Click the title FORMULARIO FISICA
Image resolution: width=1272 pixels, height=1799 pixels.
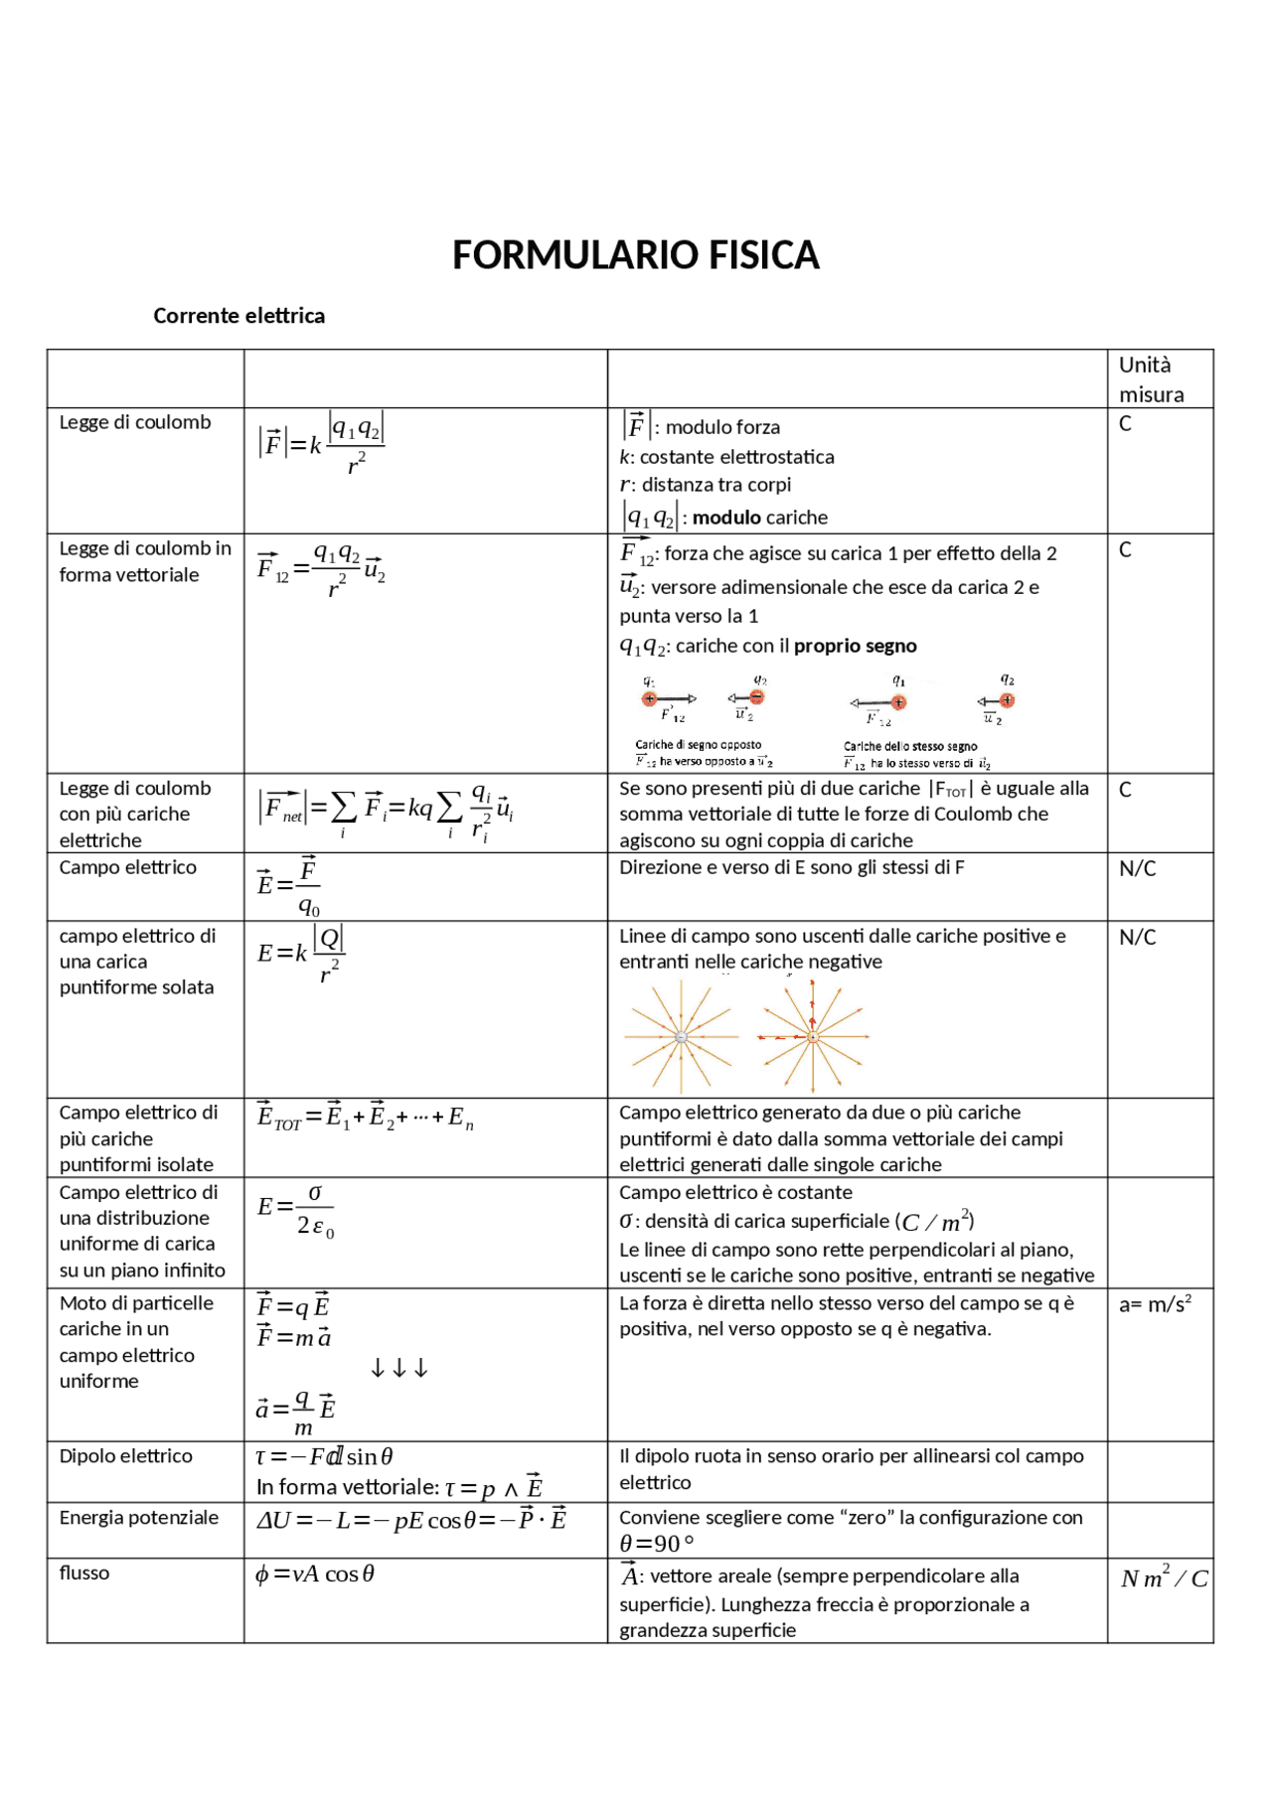635,256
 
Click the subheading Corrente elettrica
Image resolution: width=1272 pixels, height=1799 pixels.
238,316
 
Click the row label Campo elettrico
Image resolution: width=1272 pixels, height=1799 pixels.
127,867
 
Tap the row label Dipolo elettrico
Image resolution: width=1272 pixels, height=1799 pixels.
125,1456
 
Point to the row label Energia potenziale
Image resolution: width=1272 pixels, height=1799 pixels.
138,1518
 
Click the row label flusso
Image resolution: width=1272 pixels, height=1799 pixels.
84,1574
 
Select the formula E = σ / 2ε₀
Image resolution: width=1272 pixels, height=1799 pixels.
296,1210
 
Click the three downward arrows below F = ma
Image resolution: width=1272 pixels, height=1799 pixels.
398,1369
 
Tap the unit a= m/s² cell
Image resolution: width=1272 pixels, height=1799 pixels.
1155,1304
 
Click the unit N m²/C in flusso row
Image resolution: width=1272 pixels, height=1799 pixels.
1164,1578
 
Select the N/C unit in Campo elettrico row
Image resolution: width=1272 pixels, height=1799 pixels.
1137,869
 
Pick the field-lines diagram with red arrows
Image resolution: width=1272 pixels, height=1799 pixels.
813,1036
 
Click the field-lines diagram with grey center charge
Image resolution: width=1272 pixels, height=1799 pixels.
681,1036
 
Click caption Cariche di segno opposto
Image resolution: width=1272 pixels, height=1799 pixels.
699,744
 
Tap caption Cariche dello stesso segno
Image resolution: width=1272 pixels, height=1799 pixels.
910,746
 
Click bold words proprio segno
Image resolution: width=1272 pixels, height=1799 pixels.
855,647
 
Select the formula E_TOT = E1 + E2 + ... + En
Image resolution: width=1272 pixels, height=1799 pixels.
365,1118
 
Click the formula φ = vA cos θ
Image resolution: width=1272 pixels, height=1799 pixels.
315,1574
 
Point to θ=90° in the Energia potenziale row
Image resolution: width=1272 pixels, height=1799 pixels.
657,1544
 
